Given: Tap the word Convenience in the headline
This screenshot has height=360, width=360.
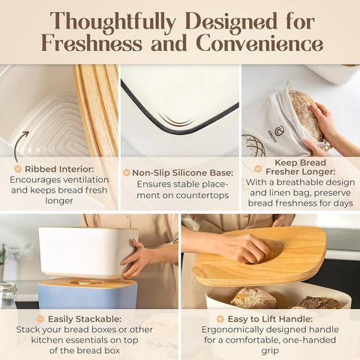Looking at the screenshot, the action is click(x=259, y=43).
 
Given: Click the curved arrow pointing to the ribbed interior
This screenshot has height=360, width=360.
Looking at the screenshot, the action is click(x=21, y=146).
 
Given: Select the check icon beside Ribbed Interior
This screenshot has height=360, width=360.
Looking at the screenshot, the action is click(x=18, y=169).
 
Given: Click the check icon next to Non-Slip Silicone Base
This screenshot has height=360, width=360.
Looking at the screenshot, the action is click(x=127, y=172).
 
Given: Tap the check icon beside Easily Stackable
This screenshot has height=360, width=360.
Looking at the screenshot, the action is click(x=40, y=319).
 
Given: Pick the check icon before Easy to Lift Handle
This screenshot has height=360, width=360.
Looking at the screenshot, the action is click(x=220, y=319).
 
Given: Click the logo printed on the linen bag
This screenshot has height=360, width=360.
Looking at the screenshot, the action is click(x=275, y=133).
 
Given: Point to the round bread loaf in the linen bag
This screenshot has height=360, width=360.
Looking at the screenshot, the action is click(x=304, y=115).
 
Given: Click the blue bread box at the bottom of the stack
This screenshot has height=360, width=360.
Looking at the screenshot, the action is click(x=88, y=294).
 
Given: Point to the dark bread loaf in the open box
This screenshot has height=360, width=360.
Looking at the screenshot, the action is click(x=316, y=303).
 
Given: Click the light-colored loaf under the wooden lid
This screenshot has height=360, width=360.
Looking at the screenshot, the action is click(x=253, y=298).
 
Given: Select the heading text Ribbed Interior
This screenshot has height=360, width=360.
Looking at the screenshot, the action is click(x=59, y=169).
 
